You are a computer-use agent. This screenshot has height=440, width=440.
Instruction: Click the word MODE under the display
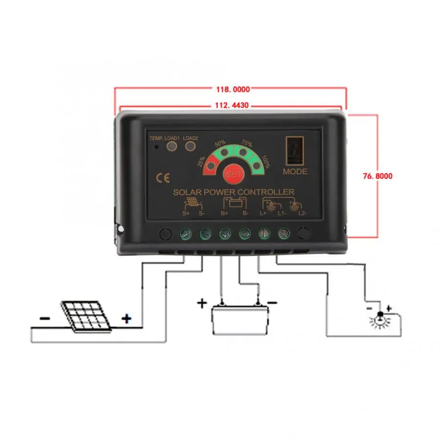pos(295,172)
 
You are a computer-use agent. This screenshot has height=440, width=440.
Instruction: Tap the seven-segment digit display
pos(295,152)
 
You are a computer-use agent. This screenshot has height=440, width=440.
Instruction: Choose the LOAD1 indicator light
pos(172,147)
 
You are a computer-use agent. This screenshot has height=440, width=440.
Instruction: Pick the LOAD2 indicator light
pos(191,147)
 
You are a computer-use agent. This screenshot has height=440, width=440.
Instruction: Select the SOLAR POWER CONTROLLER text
pos(234,192)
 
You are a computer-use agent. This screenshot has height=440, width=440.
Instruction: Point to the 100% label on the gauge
pos(265,161)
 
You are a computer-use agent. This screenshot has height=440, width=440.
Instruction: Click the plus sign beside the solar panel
pos(127,319)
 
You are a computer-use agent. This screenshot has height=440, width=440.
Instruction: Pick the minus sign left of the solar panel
pos(44,318)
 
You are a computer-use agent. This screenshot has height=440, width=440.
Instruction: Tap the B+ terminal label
pos(225,213)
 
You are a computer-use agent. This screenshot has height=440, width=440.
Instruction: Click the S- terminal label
pos(201,213)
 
